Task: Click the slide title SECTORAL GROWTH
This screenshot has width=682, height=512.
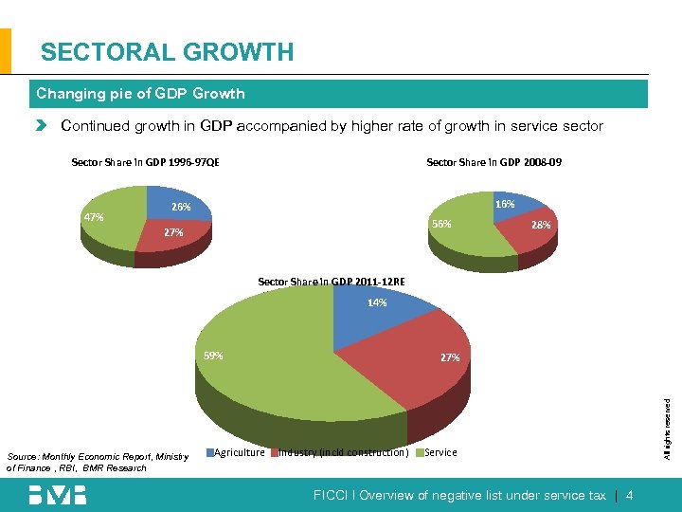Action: point(168,52)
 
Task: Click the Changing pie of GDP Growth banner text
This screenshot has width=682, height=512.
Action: point(140,94)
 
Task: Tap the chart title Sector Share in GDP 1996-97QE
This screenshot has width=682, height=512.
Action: point(146,162)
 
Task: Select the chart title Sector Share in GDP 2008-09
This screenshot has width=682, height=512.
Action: point(494,162)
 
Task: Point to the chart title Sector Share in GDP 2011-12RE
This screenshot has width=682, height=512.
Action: point(332,282)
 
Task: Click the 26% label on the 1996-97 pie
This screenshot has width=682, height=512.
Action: point(181,207)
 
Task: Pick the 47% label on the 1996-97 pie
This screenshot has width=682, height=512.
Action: point(94,217)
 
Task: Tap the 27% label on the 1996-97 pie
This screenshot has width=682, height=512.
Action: point(173,232)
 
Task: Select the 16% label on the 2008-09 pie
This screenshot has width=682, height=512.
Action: point(505,204)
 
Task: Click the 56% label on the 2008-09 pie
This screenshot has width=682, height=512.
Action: point(441,225)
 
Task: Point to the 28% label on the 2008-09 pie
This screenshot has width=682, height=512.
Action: point(541,226)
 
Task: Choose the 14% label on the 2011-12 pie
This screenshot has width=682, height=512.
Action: point(377,303)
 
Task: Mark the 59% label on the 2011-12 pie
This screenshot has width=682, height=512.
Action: point(214,357)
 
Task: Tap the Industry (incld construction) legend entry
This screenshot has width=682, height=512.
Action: point(341,452)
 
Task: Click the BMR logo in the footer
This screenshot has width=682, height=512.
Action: point(57,495)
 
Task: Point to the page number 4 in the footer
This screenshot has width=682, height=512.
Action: point(630,496)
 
